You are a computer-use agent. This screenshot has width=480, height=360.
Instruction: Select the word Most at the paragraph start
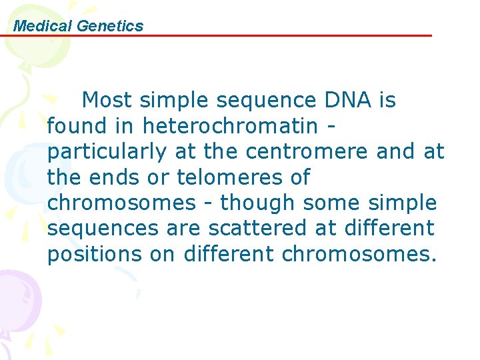(107, 101)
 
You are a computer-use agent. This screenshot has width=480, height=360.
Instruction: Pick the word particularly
(107, 152)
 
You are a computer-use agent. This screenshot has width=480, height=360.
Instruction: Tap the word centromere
(307, 152)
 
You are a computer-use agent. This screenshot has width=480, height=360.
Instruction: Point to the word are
(183, 229)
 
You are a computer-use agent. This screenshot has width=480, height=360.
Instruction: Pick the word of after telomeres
(300, 178)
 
